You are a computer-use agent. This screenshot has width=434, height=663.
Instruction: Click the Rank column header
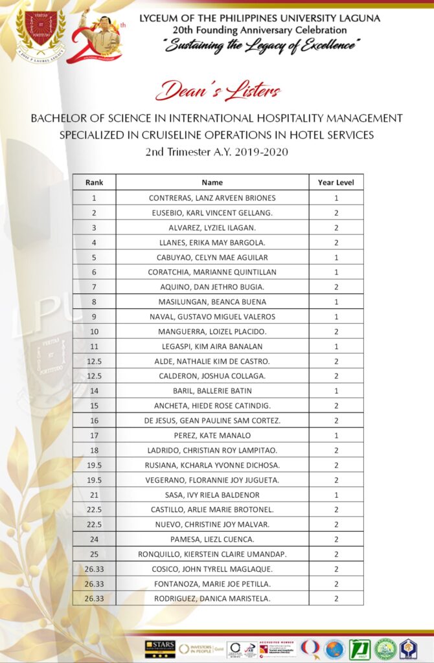click(x=94, y=183)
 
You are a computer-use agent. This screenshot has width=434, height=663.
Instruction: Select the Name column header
click(x=212, y=183)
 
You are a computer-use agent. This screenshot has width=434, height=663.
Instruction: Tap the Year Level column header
click(x=336, y=183)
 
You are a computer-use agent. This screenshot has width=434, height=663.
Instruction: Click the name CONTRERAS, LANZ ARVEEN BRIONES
click(x=212, y=198)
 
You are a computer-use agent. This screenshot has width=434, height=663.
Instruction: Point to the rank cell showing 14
click(x=94, y=390)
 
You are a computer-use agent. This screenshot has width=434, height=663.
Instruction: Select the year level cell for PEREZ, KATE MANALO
click(x=336, y=435)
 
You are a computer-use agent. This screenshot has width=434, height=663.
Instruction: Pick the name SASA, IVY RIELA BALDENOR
click(x=212, y=495)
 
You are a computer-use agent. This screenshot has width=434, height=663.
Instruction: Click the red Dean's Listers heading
click(x=218, y=91)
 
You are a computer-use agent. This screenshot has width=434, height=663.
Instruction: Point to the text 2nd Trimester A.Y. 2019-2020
click(x=217, y=152)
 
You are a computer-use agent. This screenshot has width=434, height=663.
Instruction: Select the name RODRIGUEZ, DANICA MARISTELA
click(x=212, y=599)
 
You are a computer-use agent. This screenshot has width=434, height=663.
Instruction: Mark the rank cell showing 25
click(x=94, y=554)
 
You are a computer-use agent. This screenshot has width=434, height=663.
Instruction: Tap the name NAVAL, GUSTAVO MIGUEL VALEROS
click(x=212, y=317)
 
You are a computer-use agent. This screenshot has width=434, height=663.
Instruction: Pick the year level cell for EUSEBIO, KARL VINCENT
click(x=336, y=212)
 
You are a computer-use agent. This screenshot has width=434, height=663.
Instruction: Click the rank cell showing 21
click(x=94, y=495)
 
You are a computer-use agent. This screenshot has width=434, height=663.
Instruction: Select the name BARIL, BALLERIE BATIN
click(x=212, y=390)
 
